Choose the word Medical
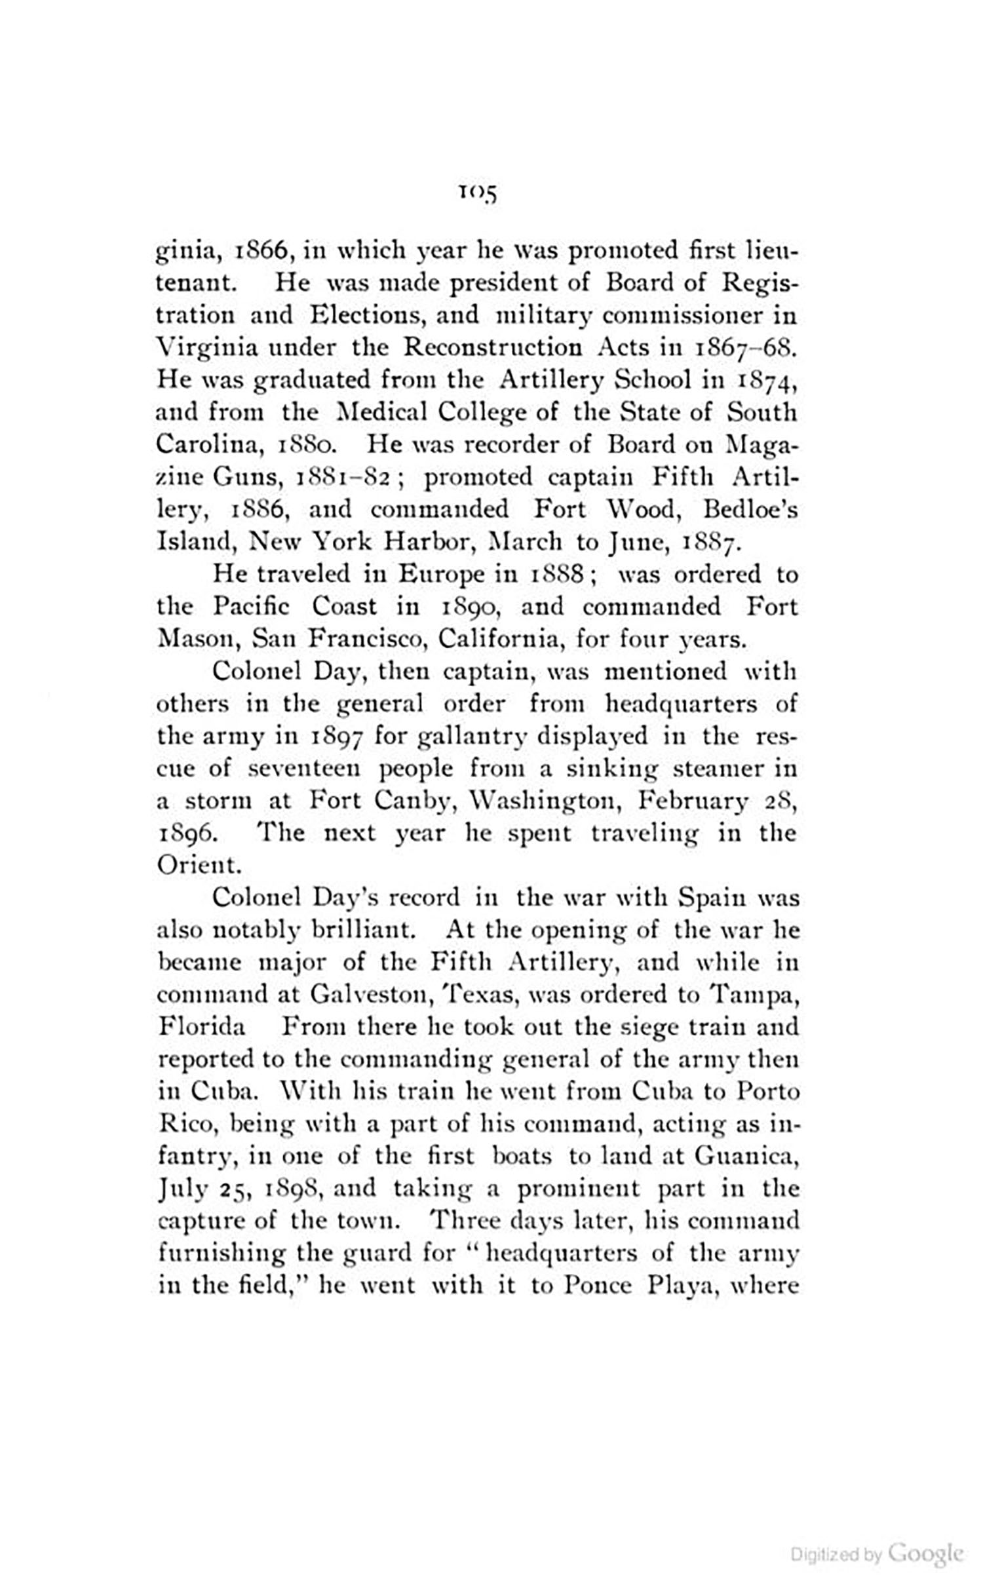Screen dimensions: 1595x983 381,413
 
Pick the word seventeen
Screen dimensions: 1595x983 306,768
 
